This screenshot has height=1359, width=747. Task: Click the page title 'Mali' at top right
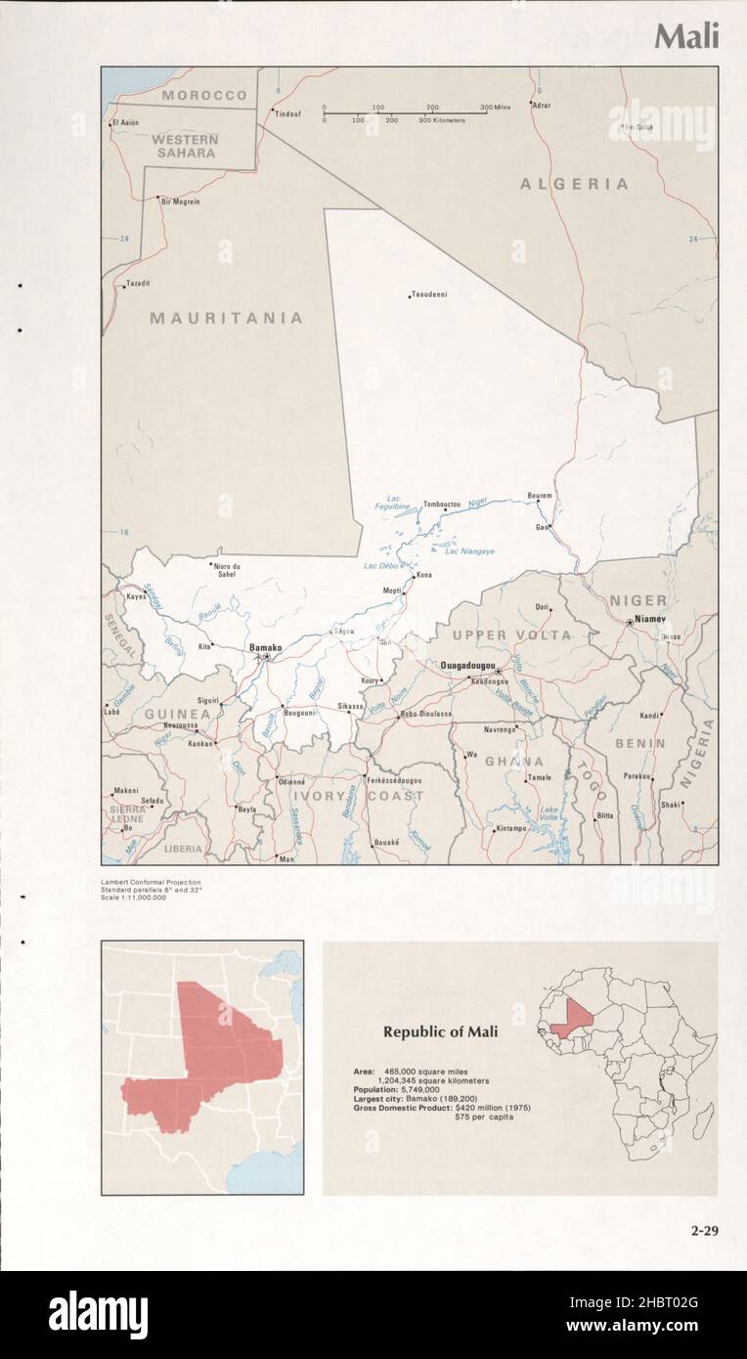(686, 36)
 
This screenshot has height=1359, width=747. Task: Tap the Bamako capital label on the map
(265, 647)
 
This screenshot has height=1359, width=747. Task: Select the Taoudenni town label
(429, 293)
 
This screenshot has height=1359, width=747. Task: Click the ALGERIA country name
(574, 184)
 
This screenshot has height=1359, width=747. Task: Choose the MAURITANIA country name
(226, 318)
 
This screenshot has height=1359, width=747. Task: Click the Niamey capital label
(649, 620)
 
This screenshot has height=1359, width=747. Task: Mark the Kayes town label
(135, 595)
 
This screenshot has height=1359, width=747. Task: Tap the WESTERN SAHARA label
(185, 146)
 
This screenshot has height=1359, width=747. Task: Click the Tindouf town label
(287, 113)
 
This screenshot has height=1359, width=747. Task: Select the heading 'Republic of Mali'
(440, 1031)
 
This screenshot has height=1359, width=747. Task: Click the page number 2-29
(701, 1230)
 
